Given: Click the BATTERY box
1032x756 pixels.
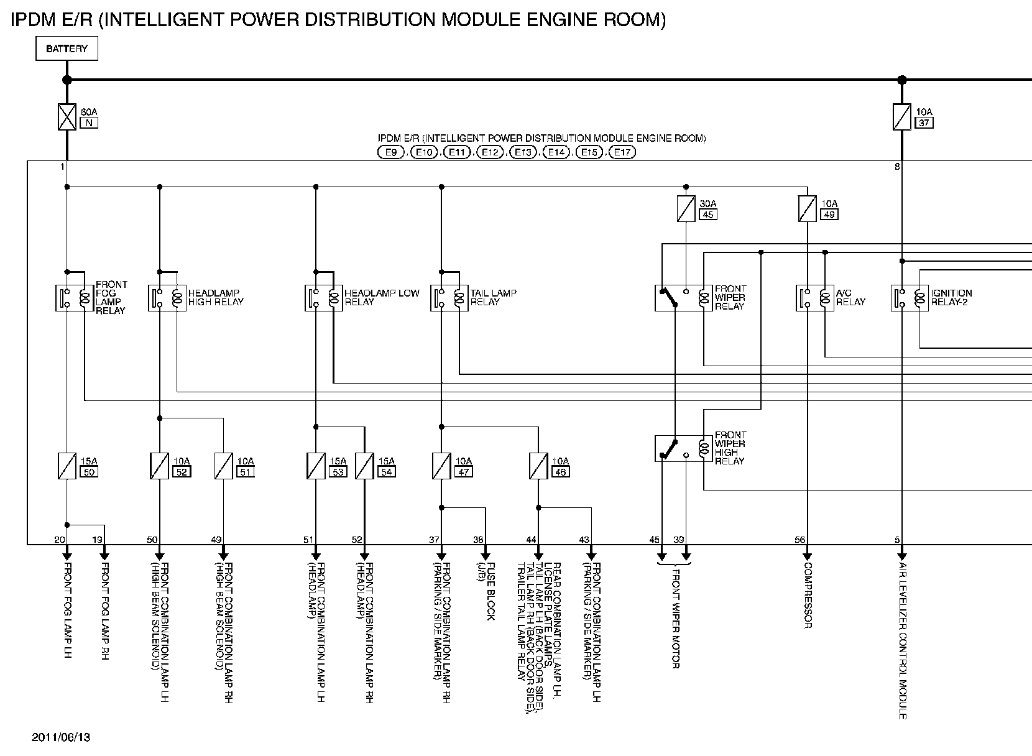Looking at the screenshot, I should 67,48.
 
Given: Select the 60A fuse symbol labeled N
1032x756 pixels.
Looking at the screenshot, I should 67,117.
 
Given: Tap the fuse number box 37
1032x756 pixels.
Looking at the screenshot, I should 924,122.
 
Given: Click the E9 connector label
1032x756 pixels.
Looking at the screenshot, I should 390,152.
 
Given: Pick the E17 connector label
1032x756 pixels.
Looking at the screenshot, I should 621,152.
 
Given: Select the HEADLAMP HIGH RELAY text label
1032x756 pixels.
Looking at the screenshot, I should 216,297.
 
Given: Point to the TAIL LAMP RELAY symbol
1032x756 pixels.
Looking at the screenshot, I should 449,298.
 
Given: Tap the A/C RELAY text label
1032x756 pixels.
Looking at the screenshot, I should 850,297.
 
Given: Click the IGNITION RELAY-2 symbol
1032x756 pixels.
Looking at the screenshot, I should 909,298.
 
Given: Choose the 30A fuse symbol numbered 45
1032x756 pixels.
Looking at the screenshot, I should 686,209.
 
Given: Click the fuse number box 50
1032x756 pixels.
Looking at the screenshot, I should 89,472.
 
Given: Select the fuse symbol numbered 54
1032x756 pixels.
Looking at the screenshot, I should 364,466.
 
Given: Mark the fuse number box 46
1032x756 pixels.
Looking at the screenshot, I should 561,472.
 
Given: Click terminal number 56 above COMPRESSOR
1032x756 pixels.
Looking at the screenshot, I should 799,540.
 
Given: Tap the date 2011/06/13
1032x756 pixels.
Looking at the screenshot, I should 61,737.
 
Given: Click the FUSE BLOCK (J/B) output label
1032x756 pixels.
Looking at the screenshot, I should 486,591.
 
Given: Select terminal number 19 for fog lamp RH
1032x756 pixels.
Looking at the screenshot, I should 98,540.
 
